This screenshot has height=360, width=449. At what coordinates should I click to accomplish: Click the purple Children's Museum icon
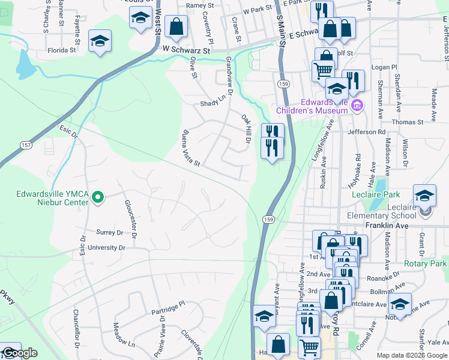click(x=357, y=106)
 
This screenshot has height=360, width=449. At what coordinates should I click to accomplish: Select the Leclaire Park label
click(x=375, y=195)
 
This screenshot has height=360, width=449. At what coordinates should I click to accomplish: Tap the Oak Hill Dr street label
click(x=245, y=129)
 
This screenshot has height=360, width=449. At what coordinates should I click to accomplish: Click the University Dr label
click(x=106, y=247)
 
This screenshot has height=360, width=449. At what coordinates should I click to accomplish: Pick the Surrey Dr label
click(x=109, y=232)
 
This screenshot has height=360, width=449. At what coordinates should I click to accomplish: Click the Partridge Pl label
click(x=169, y=311)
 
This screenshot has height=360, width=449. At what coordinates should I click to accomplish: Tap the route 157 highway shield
click(x=26, y=146)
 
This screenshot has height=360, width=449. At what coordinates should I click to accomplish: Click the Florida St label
click(x=62, y=50)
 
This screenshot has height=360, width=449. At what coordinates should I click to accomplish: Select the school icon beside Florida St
click(x=99, y=41)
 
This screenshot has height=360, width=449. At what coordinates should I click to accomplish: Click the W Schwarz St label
click(x=182, y=52)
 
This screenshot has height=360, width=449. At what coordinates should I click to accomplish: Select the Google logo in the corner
click(x=19, y=353)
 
